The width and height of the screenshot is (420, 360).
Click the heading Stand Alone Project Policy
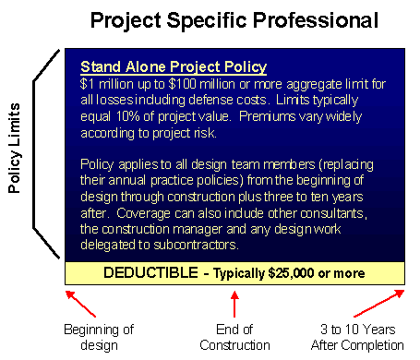(174, 67)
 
